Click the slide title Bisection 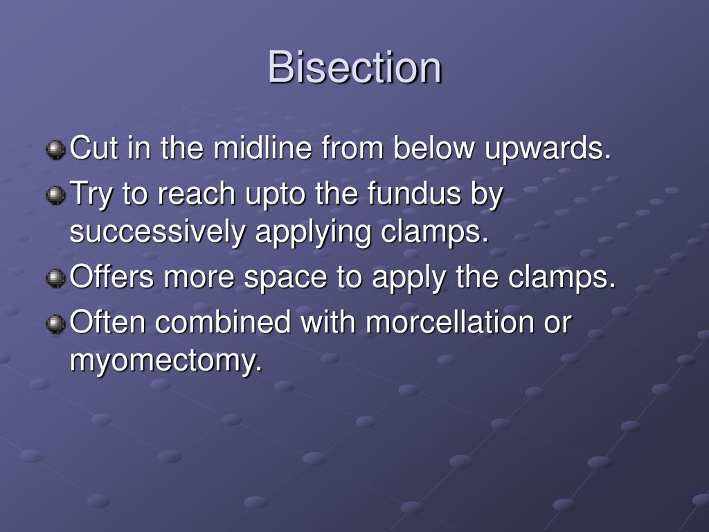[354, 68]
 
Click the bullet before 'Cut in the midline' [55, 149]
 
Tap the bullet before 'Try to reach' [55, 196]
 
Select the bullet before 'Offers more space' [55, 278]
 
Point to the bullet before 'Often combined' [55, 323]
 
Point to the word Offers [113, 278]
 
